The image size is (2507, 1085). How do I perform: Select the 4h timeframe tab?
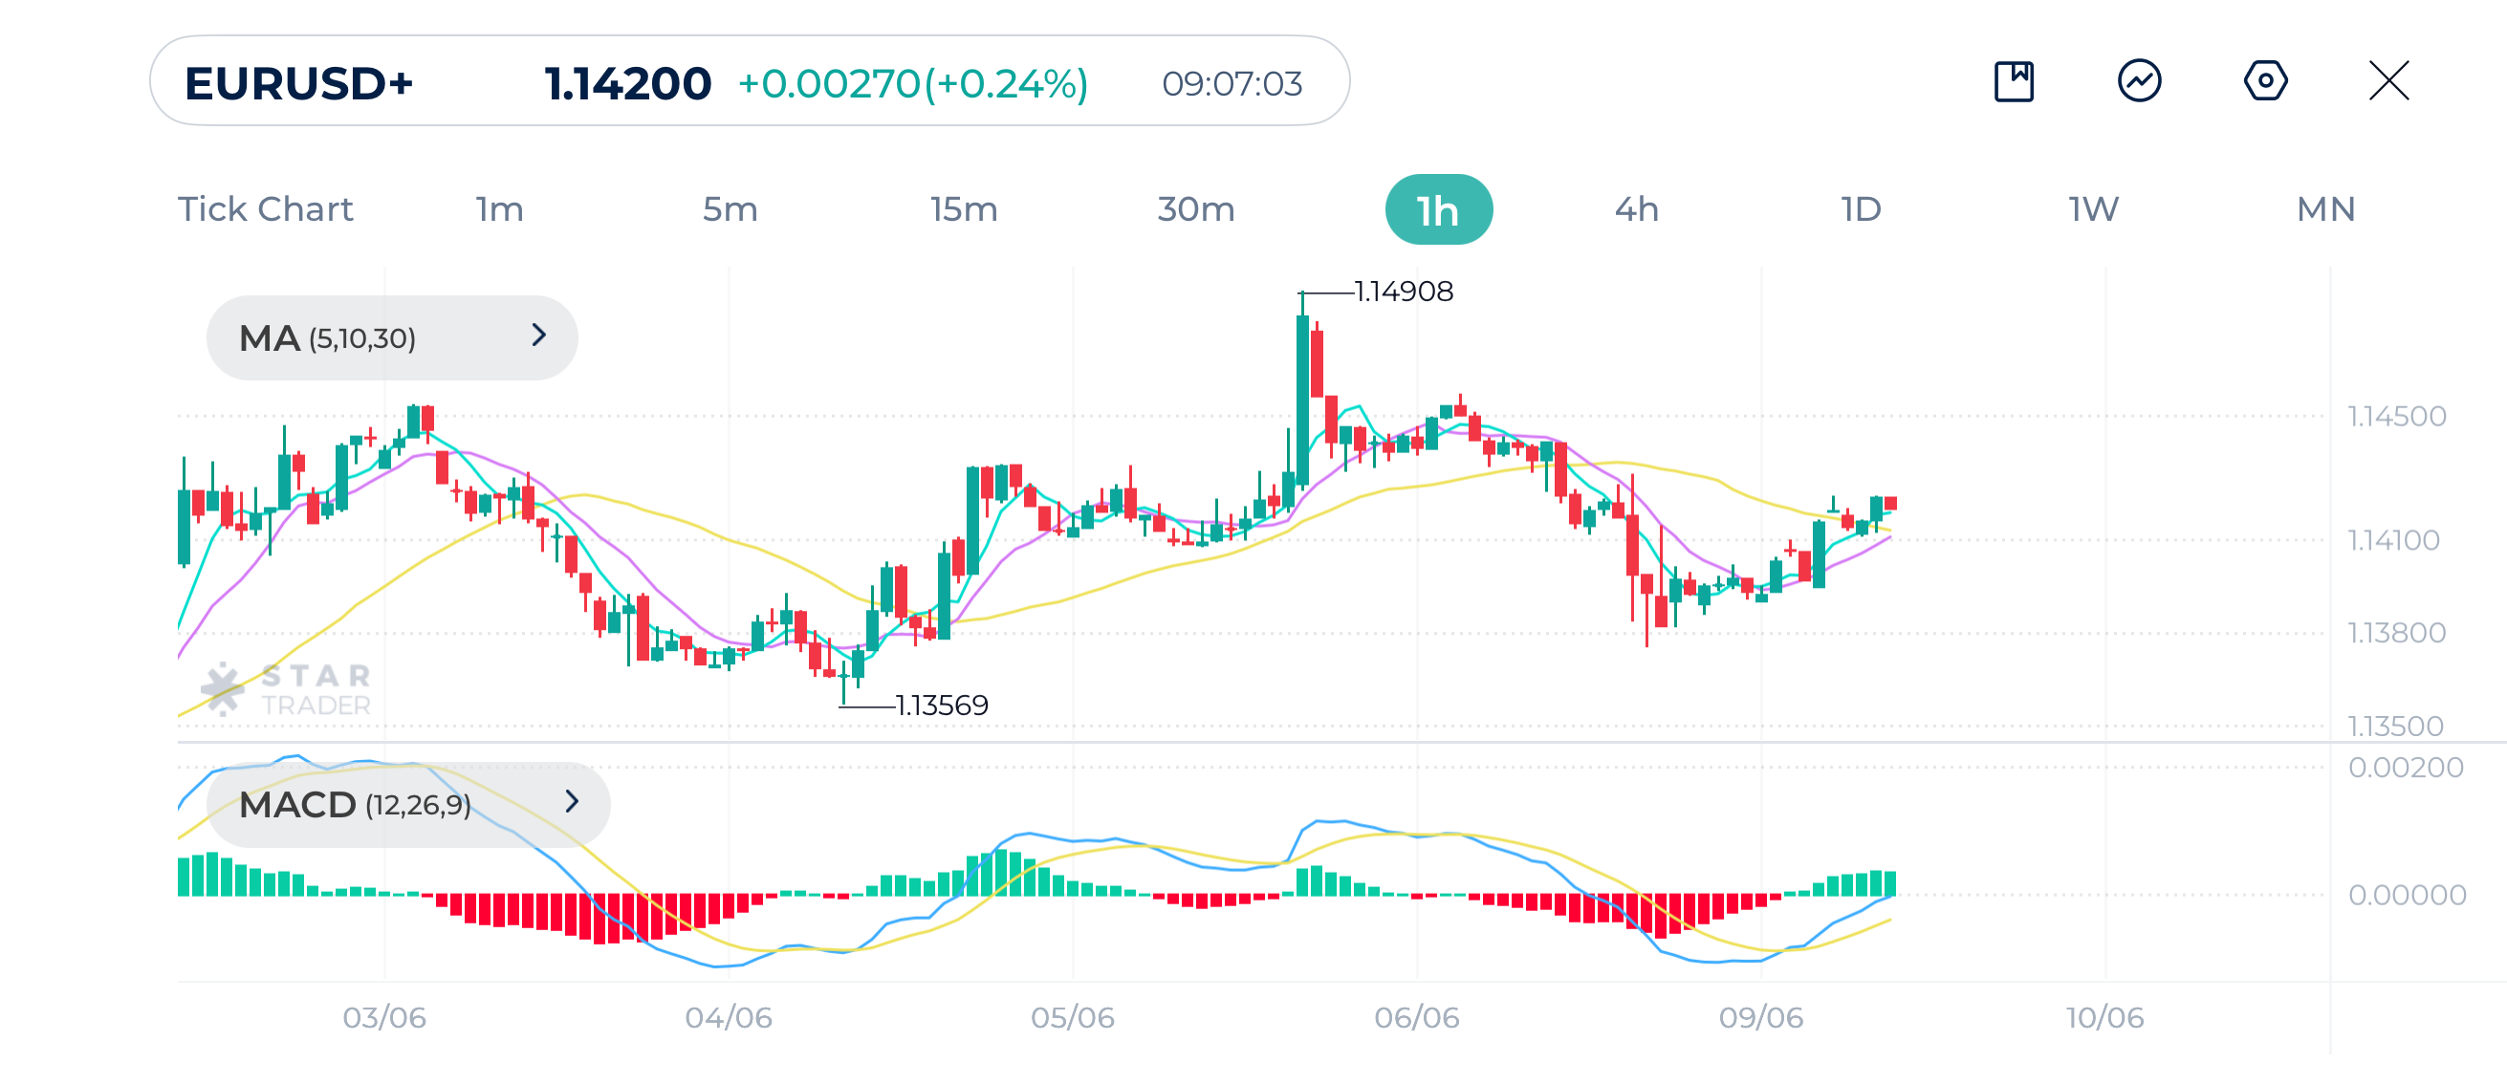coord(1636,209)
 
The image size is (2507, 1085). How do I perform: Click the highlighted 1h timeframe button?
coord(1437,209)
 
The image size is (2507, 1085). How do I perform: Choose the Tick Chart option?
coord(265,209)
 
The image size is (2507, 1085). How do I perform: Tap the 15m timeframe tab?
coord(963,209)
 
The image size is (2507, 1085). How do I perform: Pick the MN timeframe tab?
coord(2325,209)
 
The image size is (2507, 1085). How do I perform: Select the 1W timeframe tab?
coord(2092,209)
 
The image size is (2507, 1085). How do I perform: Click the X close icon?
coord(2388,80)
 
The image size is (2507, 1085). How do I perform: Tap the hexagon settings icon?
coord(2265,80)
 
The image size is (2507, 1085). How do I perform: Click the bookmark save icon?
coord(2014,80)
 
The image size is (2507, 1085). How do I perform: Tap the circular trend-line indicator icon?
coord(2139,80)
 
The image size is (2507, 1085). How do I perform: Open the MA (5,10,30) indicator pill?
coord(391,337)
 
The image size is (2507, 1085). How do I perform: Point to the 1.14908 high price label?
coord(1404,291)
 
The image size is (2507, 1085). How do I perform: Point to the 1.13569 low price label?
coord(941,705)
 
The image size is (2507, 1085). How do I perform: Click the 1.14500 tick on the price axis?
coord(2396,417)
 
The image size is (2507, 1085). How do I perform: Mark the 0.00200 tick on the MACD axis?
coord(2405,767)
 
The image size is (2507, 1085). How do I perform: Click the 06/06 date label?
coord(1416,1017)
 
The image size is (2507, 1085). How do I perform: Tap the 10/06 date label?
coord(2104,1017)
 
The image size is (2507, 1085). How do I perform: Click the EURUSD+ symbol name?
coord(298,84)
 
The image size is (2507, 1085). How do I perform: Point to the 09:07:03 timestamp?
coord(1232,84)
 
